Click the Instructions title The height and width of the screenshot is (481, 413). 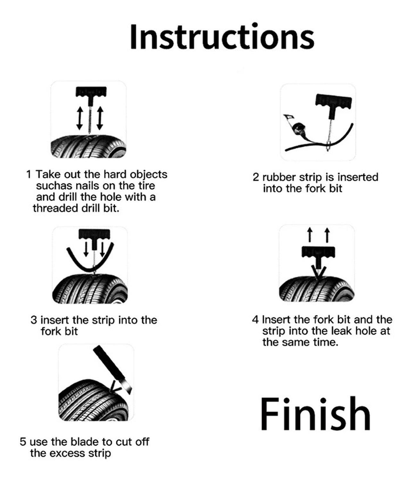[x=222, y=37]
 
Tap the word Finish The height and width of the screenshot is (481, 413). [x=315, y=414]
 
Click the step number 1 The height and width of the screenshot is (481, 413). [x=29, y=174]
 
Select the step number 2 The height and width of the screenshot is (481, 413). [x=256, y=177]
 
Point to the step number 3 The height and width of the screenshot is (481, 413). [x=34, y=320]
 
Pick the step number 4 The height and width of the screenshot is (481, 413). [x=255, y=319]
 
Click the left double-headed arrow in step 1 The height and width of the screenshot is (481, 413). [x=79, y=118]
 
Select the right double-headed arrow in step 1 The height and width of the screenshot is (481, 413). [x=100, y=118]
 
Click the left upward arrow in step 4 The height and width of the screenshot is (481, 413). [x=310, y=235]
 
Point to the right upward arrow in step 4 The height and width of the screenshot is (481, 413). [x=327, y=235]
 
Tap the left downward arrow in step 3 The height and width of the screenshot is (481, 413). [x=86, y=249]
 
